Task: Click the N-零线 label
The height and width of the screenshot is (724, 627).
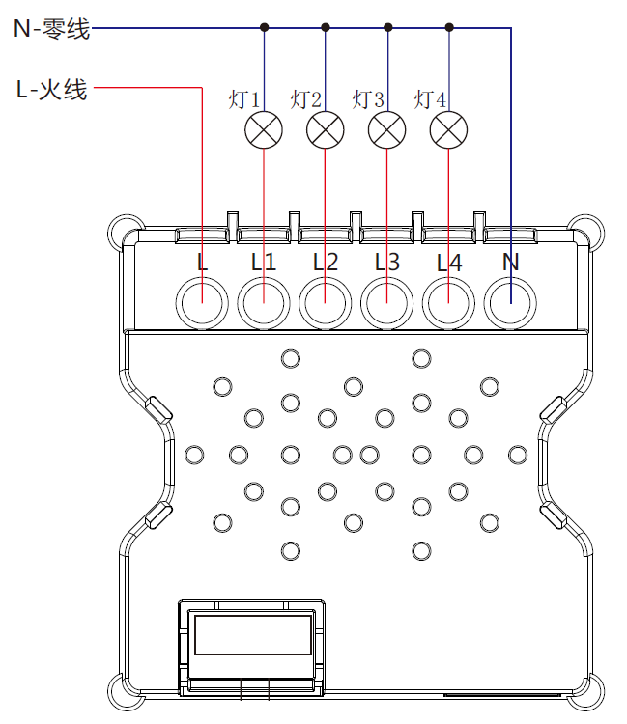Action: coord(51,29)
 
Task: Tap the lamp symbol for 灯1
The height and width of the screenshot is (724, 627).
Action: coord(264,130)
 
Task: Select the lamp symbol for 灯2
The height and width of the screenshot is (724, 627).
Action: coord(325,130)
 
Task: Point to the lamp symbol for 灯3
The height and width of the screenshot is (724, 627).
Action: coord(386,130)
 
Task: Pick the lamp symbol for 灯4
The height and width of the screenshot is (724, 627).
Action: coord(448,130)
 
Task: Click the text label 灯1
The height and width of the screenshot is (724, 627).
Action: coord(244,99)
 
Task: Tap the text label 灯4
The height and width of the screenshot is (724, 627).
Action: coord(430,99)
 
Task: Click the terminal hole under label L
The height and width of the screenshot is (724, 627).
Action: coord(201,304)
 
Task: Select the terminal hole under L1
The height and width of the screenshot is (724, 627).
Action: coord(263,304)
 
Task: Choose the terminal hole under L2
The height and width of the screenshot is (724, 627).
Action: coord(325,304)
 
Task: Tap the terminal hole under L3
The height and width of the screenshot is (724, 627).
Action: coord(386,304)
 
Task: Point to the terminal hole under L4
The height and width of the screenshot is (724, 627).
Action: coord(448,304)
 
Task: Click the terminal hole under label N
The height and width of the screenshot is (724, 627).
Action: coord(510,304)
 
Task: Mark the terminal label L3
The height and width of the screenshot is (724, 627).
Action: coord(386,262)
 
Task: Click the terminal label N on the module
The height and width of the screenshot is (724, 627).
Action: coord(510,262)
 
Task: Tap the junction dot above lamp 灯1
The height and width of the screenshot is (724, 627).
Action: coord(264,28)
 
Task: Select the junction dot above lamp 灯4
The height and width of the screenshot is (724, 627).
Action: coord(448,28)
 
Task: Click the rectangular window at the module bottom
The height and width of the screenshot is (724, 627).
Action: coord(252,635)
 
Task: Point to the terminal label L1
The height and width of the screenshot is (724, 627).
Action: coord(263,262)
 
